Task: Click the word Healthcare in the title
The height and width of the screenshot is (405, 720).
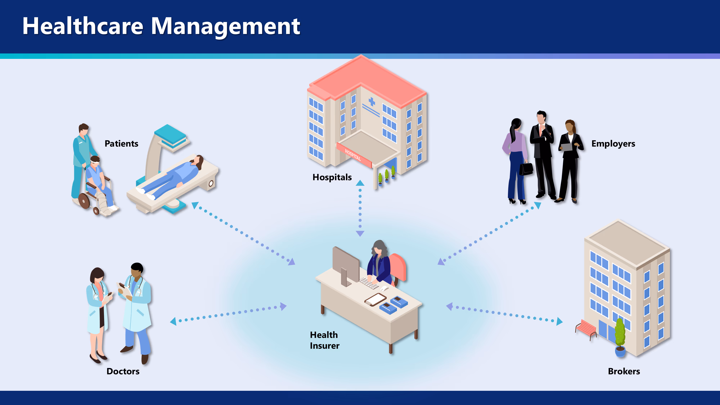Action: point(83,26)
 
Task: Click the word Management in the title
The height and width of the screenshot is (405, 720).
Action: point(226,27)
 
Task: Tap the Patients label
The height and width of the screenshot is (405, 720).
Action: point(121,143)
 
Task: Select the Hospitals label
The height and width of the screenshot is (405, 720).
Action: point(332,177)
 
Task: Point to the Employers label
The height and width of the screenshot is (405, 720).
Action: point(613,144)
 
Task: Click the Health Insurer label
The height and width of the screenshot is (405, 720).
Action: point(325,340)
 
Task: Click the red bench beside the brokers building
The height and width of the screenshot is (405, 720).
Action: point(586,329)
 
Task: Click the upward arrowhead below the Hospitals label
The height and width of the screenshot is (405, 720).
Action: point(360,183)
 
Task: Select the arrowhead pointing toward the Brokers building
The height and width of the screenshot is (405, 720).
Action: point(559,321)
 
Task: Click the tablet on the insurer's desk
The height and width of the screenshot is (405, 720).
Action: point(375,299)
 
